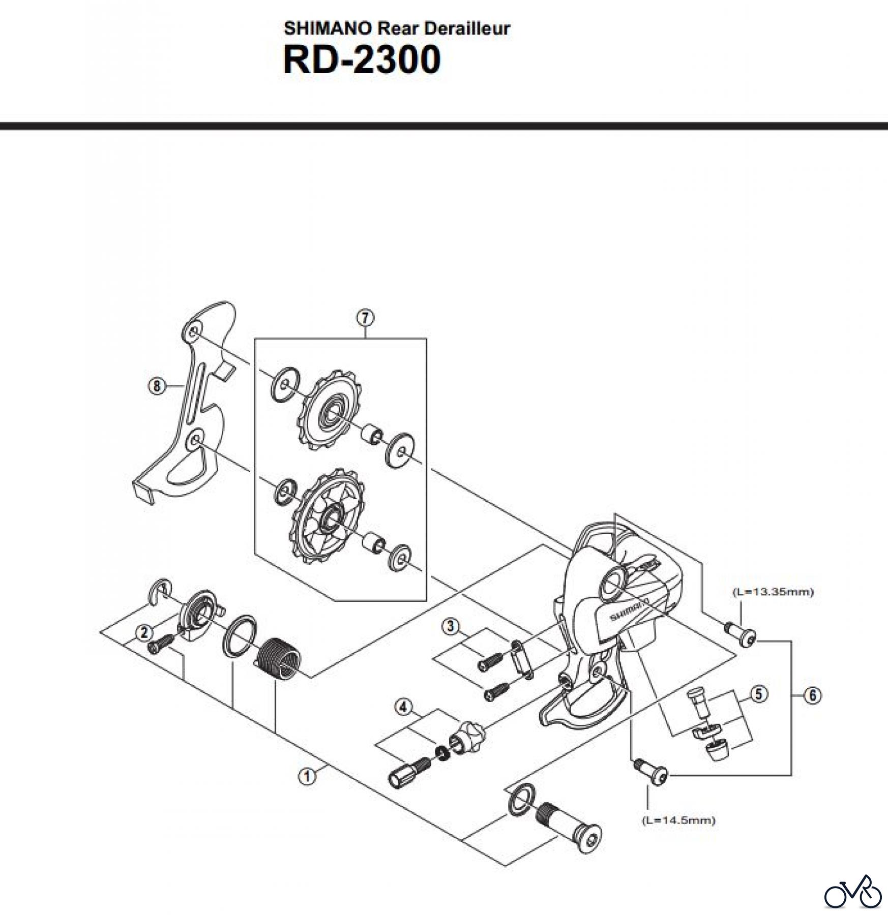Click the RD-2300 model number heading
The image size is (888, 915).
pyautogui.click(x=362, y=60)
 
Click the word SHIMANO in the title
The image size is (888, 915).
pyautogui.click(x=328, y=28)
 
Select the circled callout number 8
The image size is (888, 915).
pyautogui.click(x=157, y=387)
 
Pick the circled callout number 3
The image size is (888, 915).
pyautogui.click(x=450, y=626)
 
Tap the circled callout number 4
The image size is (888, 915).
pyautogui.click(x=403, y=708)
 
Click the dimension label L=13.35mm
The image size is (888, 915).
pyautogui.click(x=773, y=592)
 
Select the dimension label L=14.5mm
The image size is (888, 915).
pyautogui.click(x=679, y=820)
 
